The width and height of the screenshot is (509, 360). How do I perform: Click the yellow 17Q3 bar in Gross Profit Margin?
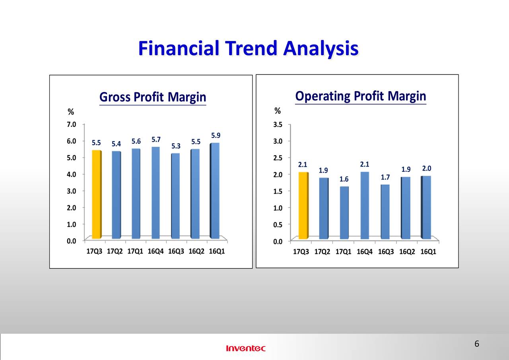click(x=97, y=194)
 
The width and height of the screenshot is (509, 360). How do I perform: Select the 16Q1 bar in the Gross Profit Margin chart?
click(x=214, y=191)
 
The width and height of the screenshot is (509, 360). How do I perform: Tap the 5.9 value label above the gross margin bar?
click(x=216, y=136)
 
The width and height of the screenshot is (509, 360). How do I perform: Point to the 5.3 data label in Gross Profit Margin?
click(x=176, y=146)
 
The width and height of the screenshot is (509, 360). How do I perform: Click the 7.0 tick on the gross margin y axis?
click(x=71, y=125)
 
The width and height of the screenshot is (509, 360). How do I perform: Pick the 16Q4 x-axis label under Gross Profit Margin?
click(x=155, y=251)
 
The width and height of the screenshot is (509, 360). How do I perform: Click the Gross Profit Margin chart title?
click(x=153, y=97)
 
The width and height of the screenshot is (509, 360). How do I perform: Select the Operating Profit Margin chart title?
click(x=361, y=96)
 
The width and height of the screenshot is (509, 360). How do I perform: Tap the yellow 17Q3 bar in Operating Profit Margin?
click(x=303, y=205)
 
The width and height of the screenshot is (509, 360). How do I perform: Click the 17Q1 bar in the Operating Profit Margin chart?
click(x=344, y=213)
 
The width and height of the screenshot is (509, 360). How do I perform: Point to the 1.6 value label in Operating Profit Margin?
click(x=344, y=179)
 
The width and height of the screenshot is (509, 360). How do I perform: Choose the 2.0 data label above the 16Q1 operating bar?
click(x=427, y=168)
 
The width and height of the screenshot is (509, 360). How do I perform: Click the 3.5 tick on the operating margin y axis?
click(x=278, y=125)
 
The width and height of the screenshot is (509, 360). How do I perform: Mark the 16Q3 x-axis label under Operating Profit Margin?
click(x=386, y=252)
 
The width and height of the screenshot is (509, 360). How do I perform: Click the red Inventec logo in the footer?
click(x=246, y=348)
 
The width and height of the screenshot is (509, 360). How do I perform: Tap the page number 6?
click(x=477, y=344)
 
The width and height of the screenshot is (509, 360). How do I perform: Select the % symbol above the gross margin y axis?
click(x=71, y=112)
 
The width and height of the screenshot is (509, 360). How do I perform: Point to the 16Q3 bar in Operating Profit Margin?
click(x=385, y=212)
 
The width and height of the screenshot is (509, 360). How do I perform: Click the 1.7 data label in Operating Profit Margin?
click(x=385, y=177)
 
